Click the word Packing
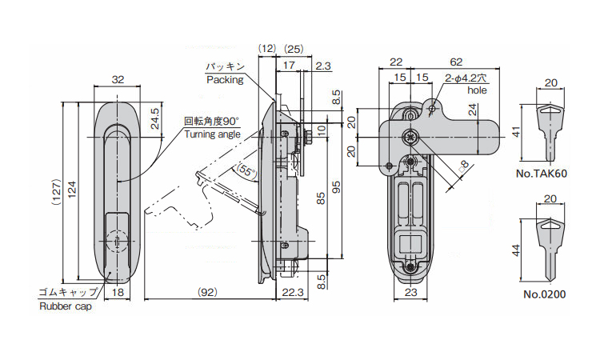pyautogui.click(x=224, y=80)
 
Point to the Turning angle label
pyautogui.click(x=212, y=134)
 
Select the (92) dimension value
pyautogui.click(x=206, y=293)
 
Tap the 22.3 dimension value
pyautogui.click(x=294, y=293)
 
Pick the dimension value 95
pyautogui.click(x=337, y=186)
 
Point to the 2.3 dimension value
pyautogui.click(x=323, y=66)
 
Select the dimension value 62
pyautogui.click(x=456, y=61)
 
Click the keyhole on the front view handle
pyautogui.click(x=117, y=241)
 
